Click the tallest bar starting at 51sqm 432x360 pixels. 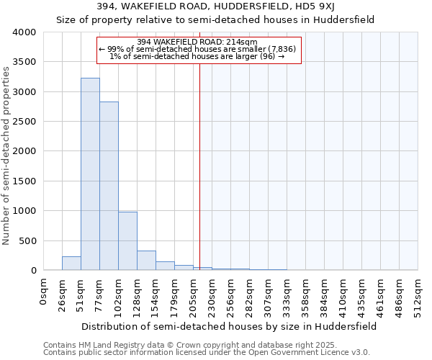click(x=90, y=174)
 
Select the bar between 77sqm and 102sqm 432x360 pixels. click(x=109, y=186)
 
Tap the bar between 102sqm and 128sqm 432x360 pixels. click(x=127, y=241)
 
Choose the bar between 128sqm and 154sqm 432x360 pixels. click(x=146, y=261)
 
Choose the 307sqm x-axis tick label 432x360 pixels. click(x=269, y=294)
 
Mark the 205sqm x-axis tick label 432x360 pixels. click(x=194, y=294)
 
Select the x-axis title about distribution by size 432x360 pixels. click(x=229, y=326)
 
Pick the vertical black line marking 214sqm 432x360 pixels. click(x=199, y=158)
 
